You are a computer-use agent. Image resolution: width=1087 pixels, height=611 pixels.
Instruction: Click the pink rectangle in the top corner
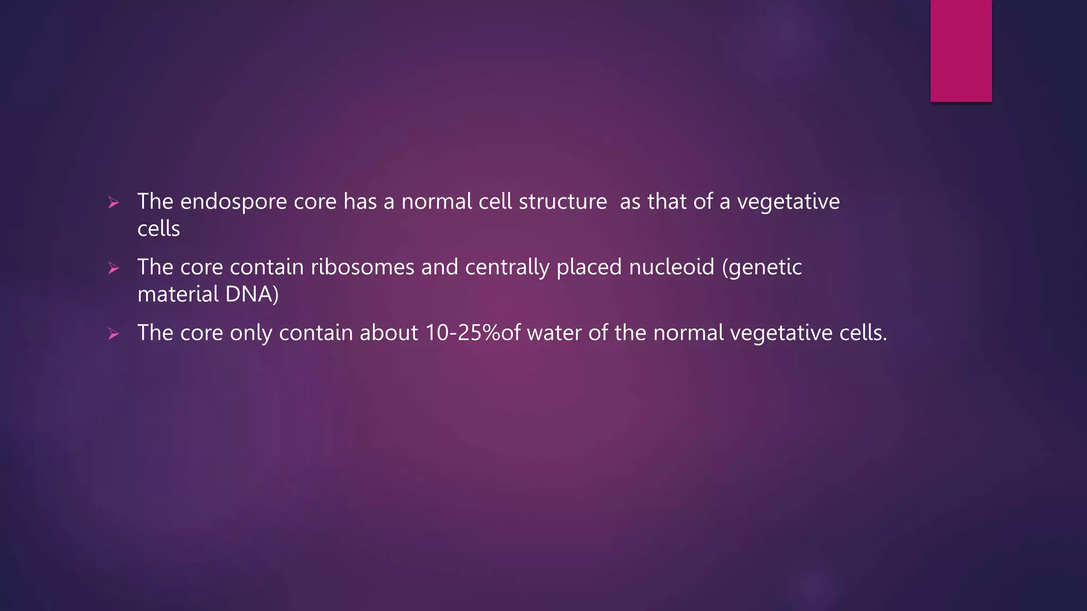point(961,51)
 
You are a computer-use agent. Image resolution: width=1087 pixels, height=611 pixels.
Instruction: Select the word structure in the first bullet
point(563,202)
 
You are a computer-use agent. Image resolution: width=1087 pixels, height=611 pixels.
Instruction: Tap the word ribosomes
point(362,267)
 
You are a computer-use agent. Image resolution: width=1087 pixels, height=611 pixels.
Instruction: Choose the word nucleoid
point(671,267)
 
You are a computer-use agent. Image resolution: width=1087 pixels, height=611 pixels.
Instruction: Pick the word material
point(178,294)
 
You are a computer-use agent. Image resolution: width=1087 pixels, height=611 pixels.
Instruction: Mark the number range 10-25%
point(463,333)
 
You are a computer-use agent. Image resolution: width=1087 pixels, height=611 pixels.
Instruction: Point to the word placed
point(589,267)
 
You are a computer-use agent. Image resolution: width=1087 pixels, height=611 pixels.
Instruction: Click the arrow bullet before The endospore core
point(114,203)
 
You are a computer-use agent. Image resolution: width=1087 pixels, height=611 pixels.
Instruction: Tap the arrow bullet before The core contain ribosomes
point(114,268)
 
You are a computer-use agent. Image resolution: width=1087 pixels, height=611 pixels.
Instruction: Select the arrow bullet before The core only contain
point(114,334)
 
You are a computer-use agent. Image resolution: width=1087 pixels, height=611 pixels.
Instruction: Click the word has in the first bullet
point(360,202)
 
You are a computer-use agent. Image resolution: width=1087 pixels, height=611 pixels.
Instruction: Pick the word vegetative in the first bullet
point(788,202)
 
